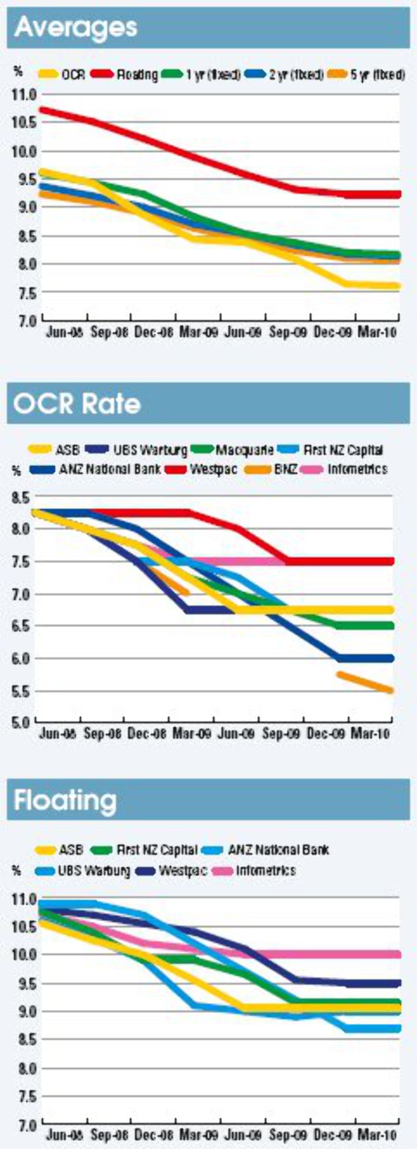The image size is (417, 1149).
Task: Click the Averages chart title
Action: pos(76,27)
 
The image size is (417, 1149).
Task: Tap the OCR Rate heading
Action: pos(77,404)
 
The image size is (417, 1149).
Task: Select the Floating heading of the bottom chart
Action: pos(65,800)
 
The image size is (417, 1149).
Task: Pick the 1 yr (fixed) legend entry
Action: pos(213,75)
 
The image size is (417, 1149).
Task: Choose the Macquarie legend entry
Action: pos(244,449)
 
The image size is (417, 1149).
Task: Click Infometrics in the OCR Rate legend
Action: pos(357,469)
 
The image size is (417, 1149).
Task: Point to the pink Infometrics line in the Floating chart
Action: pos(313,955)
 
